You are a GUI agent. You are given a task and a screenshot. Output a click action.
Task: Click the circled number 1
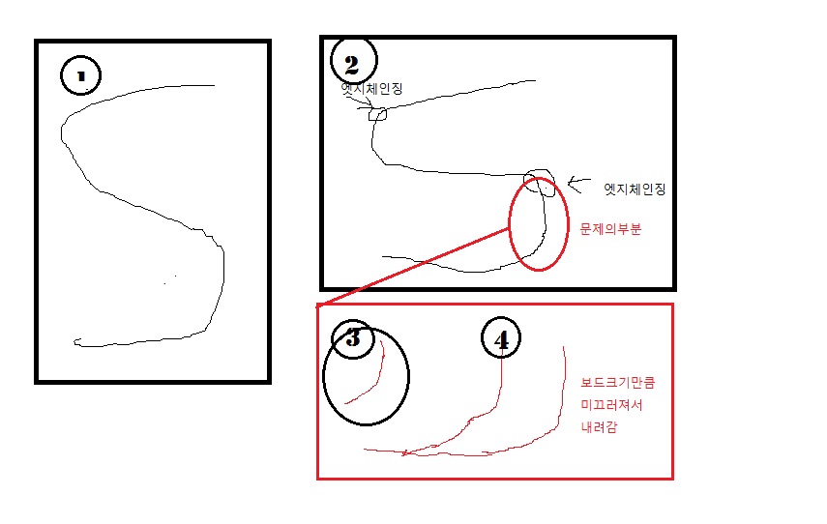click(x=80, y=75)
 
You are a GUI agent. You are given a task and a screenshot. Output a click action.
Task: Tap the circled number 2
click(x=353, y=60)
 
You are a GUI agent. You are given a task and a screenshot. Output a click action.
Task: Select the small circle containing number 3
click(x=352, y=338)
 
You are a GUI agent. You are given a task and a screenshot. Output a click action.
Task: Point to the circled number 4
click(x=501, y=338)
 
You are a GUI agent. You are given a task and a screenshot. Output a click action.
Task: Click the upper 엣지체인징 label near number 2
click(x=371, y=88)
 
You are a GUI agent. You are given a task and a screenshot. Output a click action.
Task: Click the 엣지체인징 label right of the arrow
click(x=635, y=189)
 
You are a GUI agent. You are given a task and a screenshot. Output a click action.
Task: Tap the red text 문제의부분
click(x=610, y=229)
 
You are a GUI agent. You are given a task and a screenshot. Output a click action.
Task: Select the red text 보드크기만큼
click(x=618, y=382)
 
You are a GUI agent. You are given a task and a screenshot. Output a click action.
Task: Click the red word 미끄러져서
click(x=612, y=405)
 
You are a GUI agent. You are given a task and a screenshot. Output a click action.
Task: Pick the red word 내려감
click(x=599, y=427)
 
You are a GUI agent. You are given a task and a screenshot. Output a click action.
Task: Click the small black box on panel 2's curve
click(x=377, y=114)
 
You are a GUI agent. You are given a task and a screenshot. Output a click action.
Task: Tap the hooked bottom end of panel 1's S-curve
click(x=76, y=341)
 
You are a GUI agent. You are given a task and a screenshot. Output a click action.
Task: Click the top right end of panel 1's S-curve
click(x=214, y=85)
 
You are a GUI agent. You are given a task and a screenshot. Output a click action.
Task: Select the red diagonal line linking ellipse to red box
click(x=413, y=267)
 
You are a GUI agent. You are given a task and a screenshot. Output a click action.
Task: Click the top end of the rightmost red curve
click(x=564, y=347)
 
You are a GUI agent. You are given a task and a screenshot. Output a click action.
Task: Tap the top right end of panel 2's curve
click(x=535, y=80)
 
